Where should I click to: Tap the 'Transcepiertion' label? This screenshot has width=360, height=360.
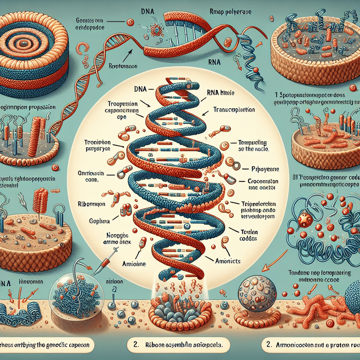[x=234, y=110]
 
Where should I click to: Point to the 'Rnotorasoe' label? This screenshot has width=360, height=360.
[x=123, y=66]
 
